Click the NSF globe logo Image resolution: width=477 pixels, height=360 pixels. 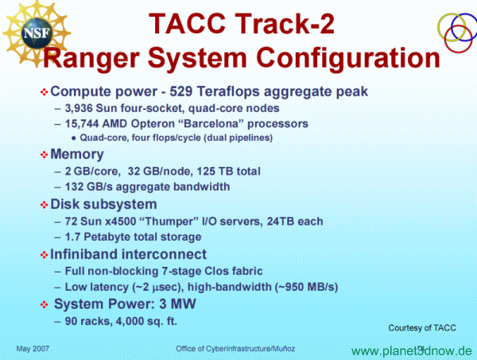click(x=37, y=33)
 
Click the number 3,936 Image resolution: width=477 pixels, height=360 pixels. click(x=78, y=108)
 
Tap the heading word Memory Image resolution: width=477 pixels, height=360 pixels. click(x=77, y=154)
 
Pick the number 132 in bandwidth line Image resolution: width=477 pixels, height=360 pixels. click(x=74, y=187)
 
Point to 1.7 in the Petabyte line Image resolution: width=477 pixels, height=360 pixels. click(x=72, y=237)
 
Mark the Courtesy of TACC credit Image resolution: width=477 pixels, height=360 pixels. click(x=422, y=327)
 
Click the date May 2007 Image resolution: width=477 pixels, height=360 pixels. click(x=33, y=349)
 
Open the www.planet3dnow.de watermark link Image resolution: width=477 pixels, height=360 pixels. click(x=412, y=351)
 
